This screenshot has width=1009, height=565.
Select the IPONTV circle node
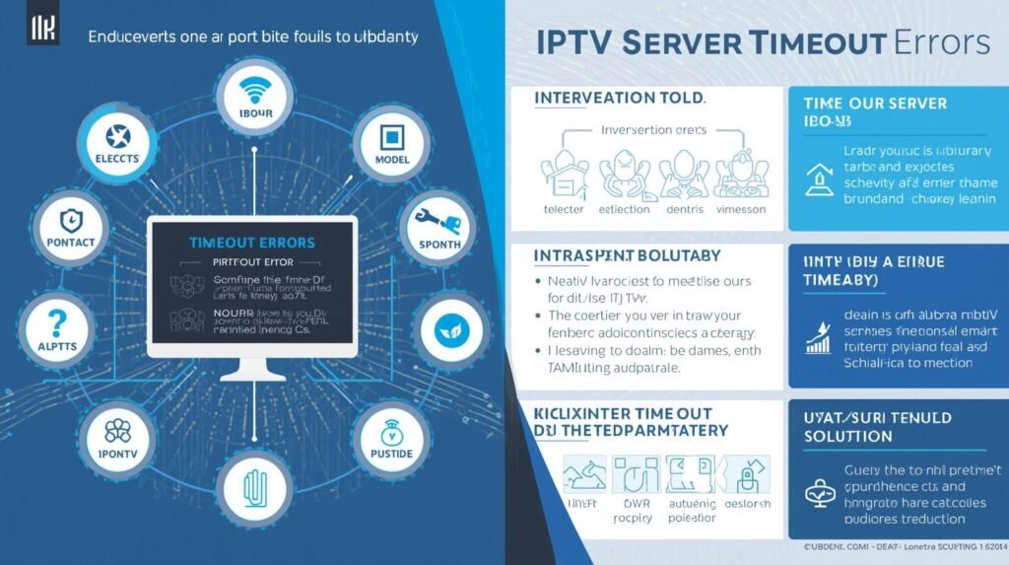point(116,437)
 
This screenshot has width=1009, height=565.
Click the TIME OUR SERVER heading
point(875,104)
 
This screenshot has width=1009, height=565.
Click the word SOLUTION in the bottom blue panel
point(847,436)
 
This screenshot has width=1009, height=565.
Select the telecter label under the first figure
point(564,209)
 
